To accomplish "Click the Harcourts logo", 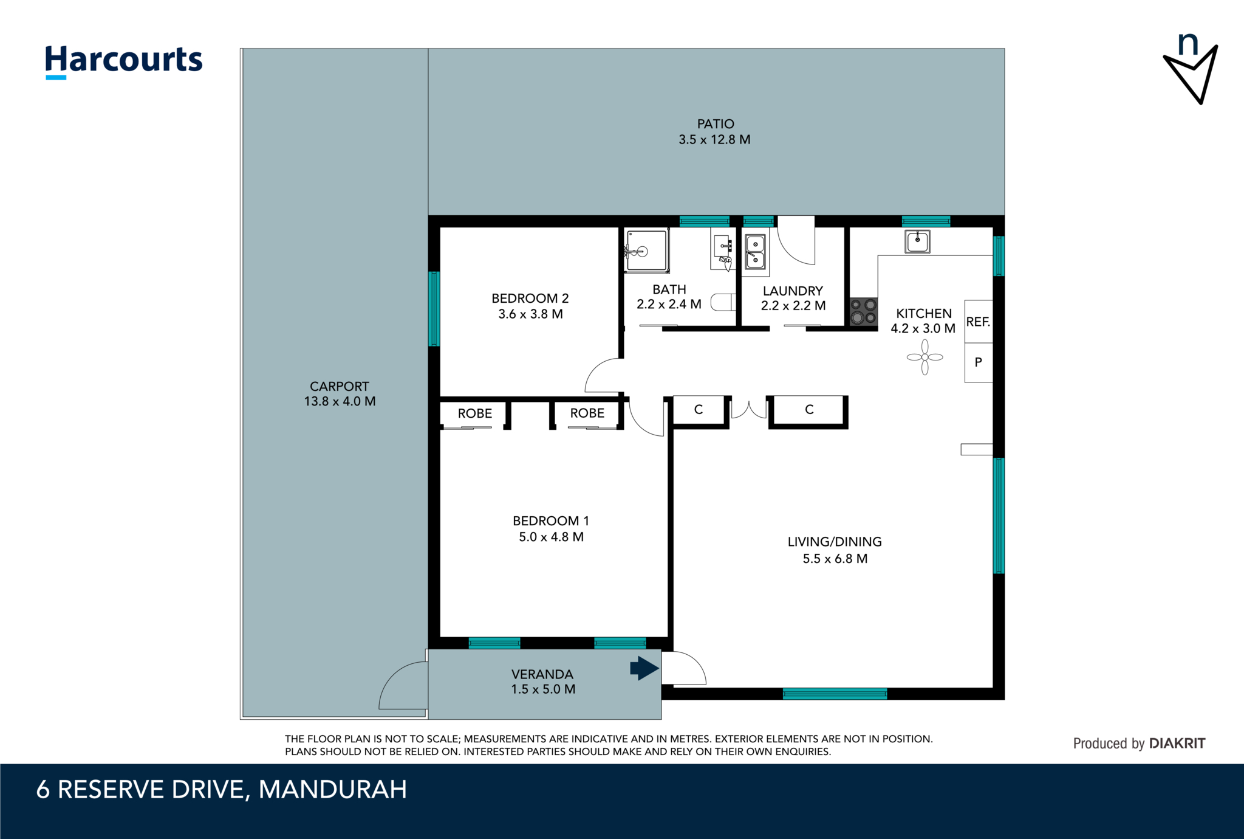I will (123, 61).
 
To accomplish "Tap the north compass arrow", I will (1191, 73).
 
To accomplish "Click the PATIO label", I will (716, 124).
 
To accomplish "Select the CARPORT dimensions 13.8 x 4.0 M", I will (340, 402).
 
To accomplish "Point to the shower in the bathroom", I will (646, 250).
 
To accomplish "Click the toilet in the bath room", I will (723, 302).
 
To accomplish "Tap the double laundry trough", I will (755, 252).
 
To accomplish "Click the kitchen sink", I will (917, 241).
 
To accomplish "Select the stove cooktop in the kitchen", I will (863, 311).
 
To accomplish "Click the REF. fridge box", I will (978, 322).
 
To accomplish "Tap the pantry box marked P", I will (978, 362).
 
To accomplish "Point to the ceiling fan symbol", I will (924, 357).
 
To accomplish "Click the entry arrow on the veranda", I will (644, 669).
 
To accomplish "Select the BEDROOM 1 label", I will (550, 521).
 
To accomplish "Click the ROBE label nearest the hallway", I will (587, 413).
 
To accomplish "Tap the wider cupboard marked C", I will (808, 410).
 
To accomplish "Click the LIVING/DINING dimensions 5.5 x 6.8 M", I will (835, 559).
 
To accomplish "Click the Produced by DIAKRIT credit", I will (1139, 744).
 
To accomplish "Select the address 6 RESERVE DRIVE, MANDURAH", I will (222, 790).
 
